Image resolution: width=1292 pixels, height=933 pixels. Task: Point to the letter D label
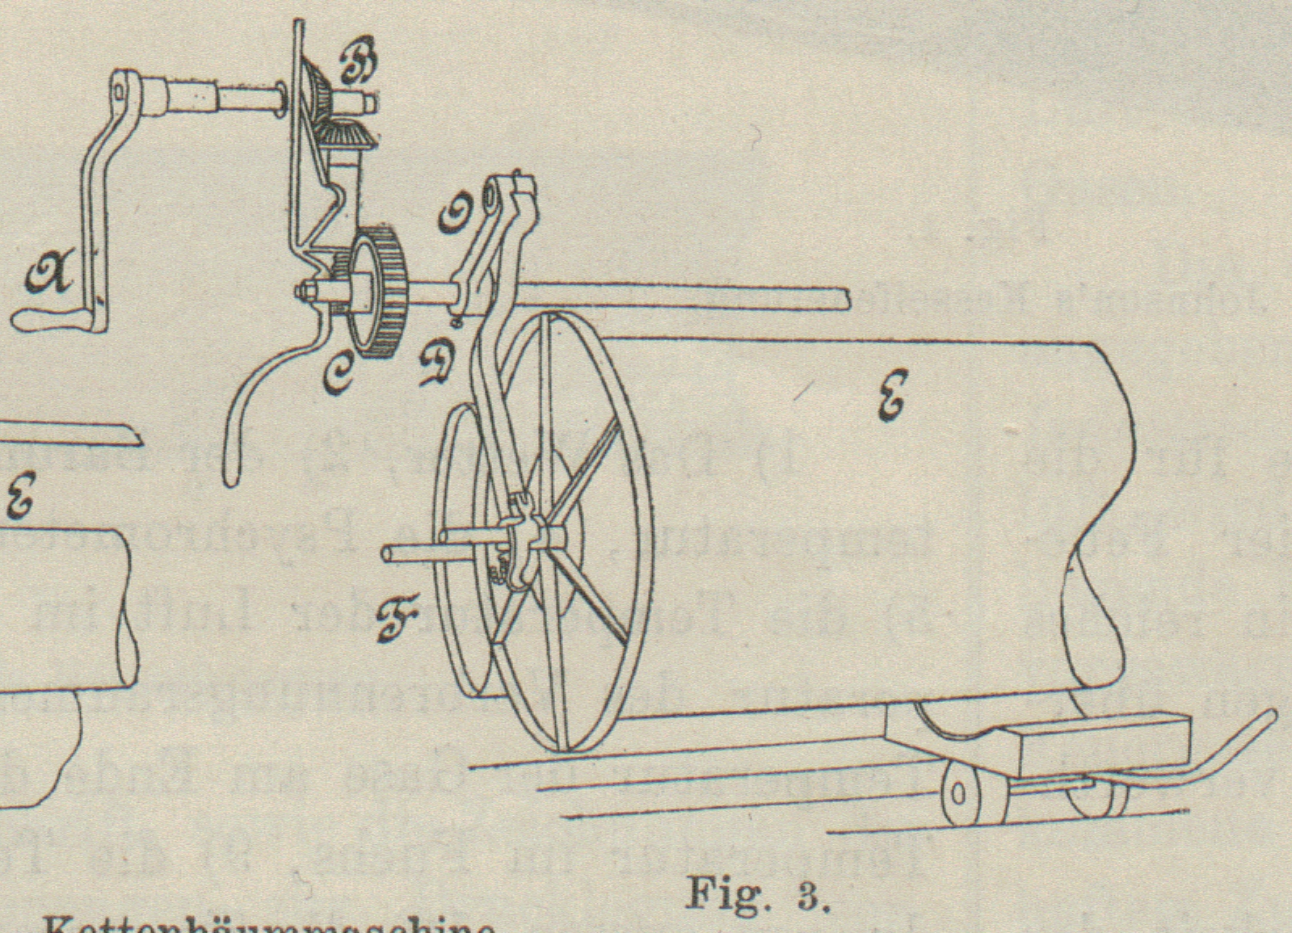(441, 363)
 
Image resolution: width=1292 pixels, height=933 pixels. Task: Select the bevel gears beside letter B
(343, 121)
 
